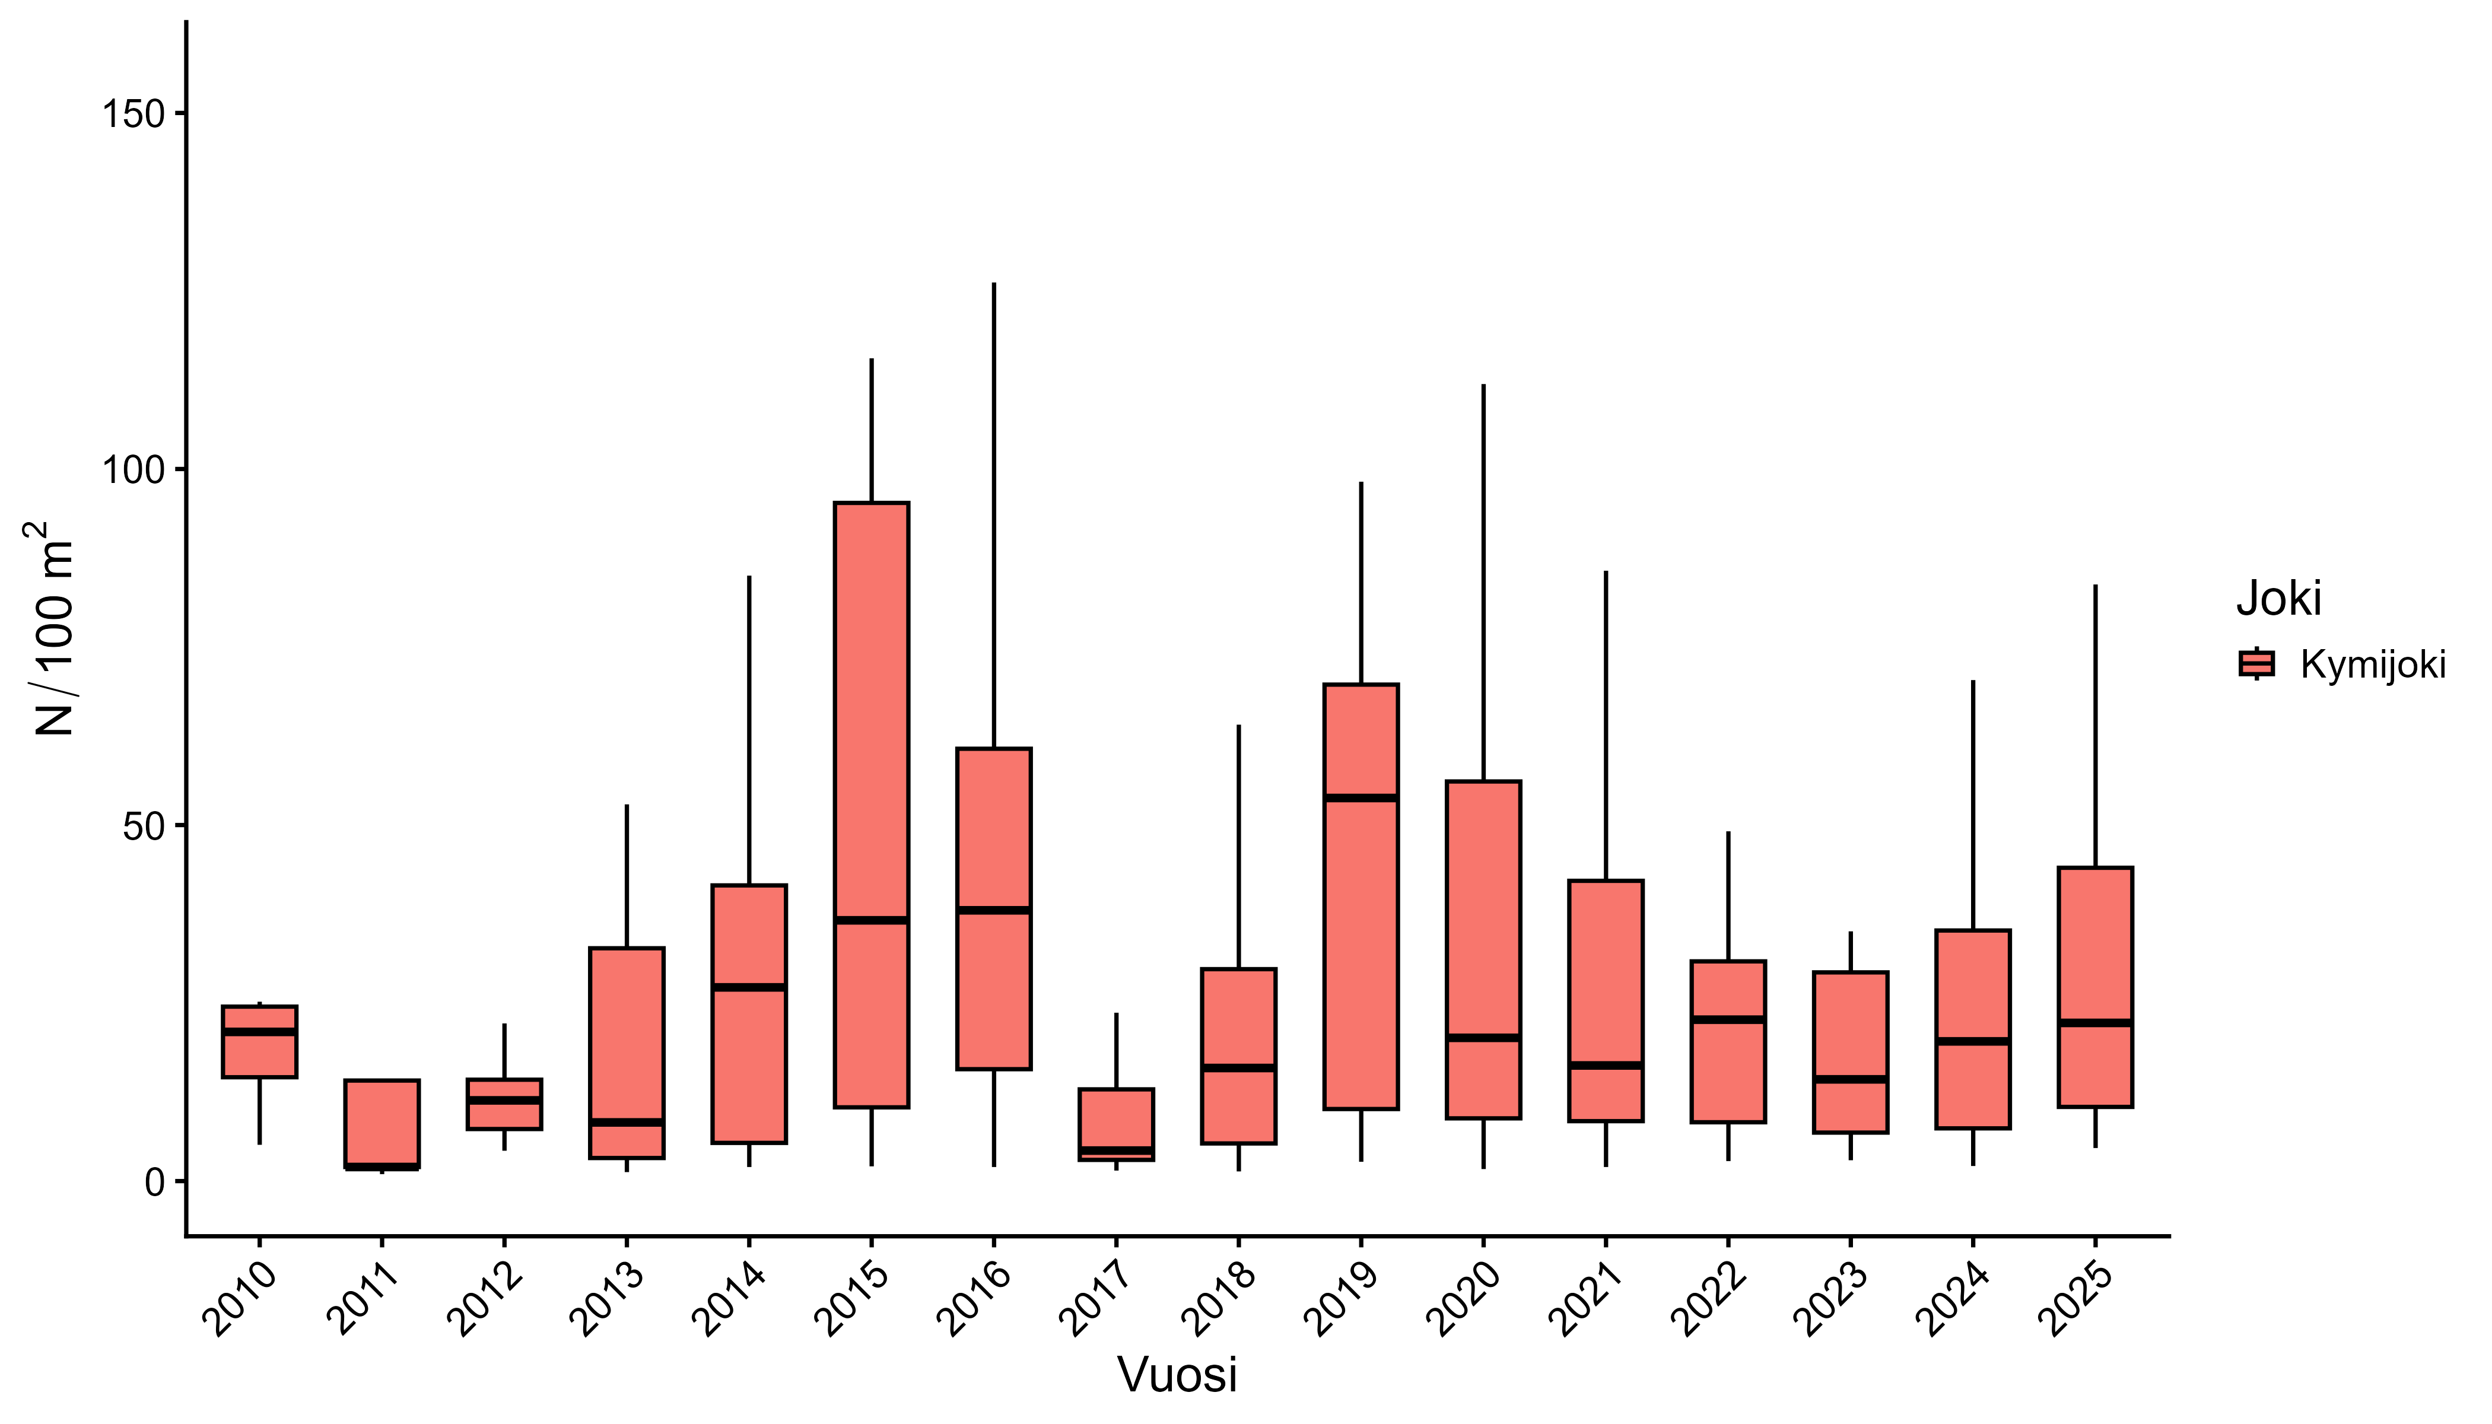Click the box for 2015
click(x=872, y=805)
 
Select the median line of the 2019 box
click(x=1361, y=798)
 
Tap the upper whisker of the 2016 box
click(x=994, y=516)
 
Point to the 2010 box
click(x=260, y=1041)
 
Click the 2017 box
click(x=1116, y=1125)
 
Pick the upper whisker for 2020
click(x=1483, y=583)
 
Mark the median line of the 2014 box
click(x=749, y=987)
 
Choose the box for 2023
click(x=1851, y=1053)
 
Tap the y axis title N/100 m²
click(x=52, y=628)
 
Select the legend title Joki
click(x=2279, y=599)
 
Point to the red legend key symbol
click(x=2256, y=664)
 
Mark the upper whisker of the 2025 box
click(x=2095, y=726)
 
